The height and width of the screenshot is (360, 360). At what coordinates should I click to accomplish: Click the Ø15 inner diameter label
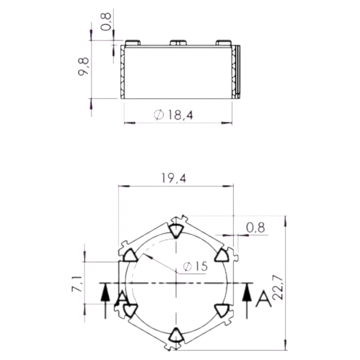coord(195,266)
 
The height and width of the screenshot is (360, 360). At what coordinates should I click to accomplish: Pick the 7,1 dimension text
coord(77,284)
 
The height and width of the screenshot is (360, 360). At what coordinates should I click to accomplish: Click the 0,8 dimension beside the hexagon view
coord(255,227)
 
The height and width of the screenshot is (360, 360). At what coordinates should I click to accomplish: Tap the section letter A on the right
coord(263,298)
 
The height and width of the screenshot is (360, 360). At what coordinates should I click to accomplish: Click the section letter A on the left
coord(121,299)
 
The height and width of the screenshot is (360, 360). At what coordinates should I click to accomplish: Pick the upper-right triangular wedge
coord(222,256)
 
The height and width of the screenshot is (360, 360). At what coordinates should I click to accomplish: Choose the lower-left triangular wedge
coord(129,309)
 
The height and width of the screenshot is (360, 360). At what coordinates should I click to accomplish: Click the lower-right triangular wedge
coord(222,309)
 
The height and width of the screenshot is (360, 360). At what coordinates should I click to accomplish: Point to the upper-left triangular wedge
coord(129,256)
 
